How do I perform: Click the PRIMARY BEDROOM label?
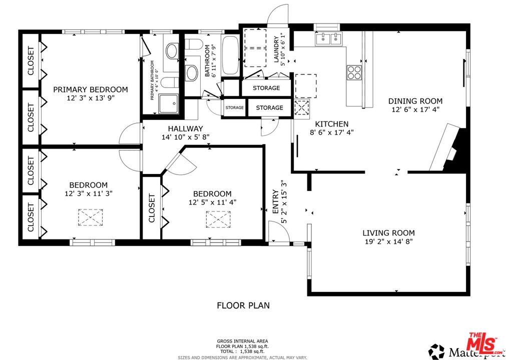(90, 89)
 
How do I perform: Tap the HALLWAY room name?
(185, 128)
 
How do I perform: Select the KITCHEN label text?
(331, 124)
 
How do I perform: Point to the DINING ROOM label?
(415, 101)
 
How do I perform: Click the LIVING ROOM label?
(388, 232)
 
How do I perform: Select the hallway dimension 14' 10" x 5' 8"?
(185, 137)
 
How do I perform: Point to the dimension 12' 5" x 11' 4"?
(212, 202)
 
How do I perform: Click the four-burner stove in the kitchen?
(354, 72)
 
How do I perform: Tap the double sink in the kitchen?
(329, 39)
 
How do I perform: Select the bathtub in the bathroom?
(231, 55)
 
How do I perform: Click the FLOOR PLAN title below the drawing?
(244, 304)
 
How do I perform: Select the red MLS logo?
(482, 344)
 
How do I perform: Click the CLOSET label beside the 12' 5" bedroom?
(152, 207)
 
